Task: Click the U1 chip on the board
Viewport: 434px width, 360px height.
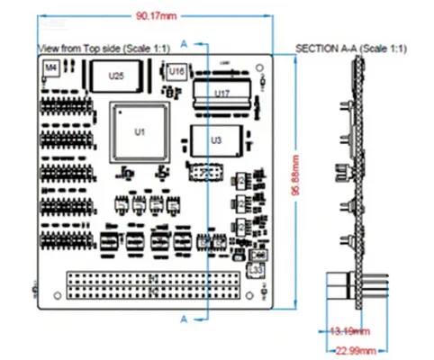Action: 139,131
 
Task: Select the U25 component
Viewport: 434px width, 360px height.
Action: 115,76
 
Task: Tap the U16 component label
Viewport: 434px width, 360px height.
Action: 176,71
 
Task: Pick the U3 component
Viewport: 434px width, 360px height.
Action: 214,141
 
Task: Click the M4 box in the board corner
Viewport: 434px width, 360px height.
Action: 50,67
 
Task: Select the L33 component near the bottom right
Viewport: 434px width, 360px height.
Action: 255,267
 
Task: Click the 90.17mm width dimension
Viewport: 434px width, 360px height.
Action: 156,15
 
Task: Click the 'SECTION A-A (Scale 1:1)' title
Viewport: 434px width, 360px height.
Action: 350,47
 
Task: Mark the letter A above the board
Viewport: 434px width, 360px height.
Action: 185,43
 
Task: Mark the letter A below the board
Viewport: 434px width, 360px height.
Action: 185,319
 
